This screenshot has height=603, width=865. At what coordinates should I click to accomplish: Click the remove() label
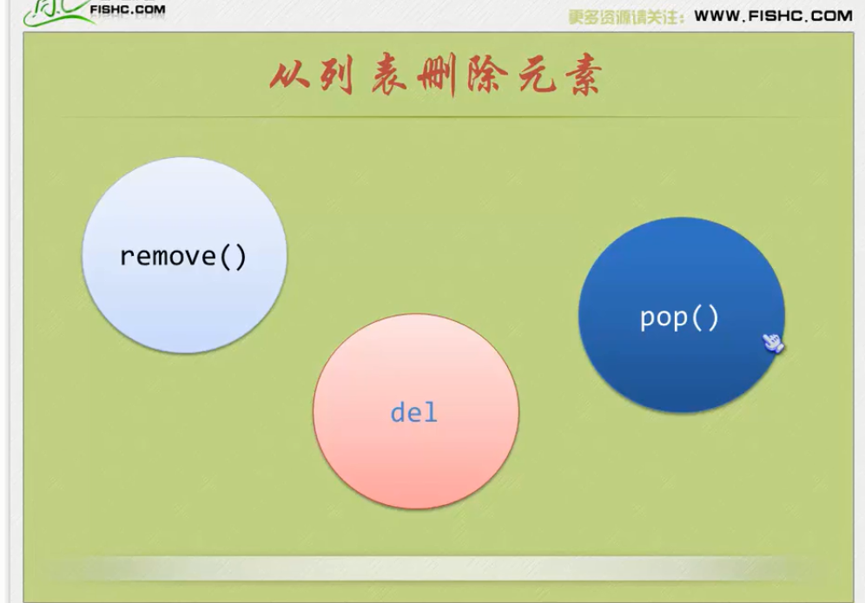tap(183, 257)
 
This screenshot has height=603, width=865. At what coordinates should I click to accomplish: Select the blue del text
tap(414, 412)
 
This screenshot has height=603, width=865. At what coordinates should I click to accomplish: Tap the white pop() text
tap(679, 318)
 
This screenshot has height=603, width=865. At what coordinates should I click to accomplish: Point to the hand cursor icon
tap(772, 344)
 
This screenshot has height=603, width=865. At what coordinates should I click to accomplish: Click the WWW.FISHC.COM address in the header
tap(773, 15)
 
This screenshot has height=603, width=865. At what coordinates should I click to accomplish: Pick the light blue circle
tap(184, 217)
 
